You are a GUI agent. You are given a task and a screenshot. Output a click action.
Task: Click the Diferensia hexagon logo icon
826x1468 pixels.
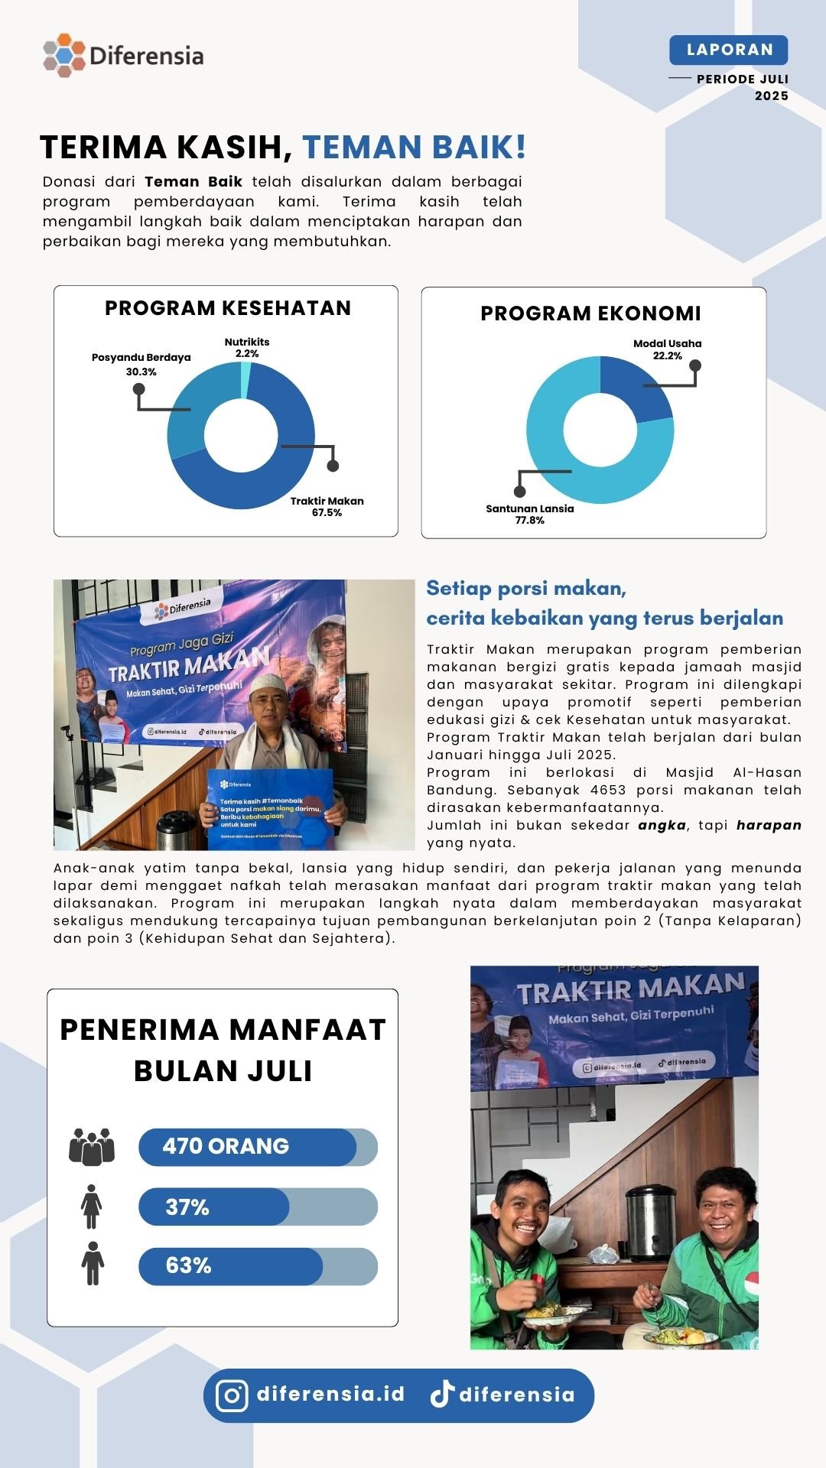64,55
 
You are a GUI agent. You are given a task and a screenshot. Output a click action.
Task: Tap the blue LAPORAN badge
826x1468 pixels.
728,50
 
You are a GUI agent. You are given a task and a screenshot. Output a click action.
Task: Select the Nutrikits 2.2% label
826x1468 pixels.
247,348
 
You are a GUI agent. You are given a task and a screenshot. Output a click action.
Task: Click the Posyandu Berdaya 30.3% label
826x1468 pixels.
141,364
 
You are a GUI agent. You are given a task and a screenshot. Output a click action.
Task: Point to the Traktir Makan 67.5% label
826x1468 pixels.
327,506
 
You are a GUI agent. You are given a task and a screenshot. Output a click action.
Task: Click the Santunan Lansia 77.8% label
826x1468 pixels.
529,514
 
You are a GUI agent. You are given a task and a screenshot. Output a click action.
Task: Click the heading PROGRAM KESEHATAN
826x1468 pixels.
228,308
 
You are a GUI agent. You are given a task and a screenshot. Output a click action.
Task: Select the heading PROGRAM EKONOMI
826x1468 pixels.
590,313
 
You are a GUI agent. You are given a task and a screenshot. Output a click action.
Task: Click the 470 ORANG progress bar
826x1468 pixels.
258,1147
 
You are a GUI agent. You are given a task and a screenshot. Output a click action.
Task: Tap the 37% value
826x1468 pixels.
187,1207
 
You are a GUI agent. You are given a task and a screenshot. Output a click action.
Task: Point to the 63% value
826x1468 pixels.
188,1265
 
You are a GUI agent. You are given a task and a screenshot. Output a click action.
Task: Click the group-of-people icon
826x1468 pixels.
92,1146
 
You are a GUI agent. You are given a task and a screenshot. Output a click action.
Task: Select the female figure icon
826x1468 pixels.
92,1207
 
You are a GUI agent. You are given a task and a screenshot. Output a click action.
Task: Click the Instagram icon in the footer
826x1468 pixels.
232,1395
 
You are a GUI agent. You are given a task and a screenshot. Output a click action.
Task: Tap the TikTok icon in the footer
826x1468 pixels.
442,1395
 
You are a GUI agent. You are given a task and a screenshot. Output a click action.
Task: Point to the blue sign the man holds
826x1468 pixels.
270,809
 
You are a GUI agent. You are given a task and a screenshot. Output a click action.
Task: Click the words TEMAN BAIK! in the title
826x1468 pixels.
414,147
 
